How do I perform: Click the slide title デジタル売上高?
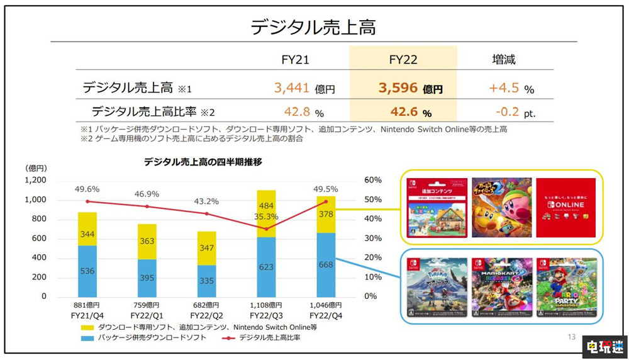click(x=314, y=27)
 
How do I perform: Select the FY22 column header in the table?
click(x=403, y=61)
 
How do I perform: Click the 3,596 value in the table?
click(x=399, y=87)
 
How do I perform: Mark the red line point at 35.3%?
click(x=267, y=229)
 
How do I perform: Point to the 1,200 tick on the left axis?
click(x=35, y=180)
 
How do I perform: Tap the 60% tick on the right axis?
click(x=373, y=180)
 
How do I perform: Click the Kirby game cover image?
click(x=501, y=208)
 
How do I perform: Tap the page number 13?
click(x=571, y=337)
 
